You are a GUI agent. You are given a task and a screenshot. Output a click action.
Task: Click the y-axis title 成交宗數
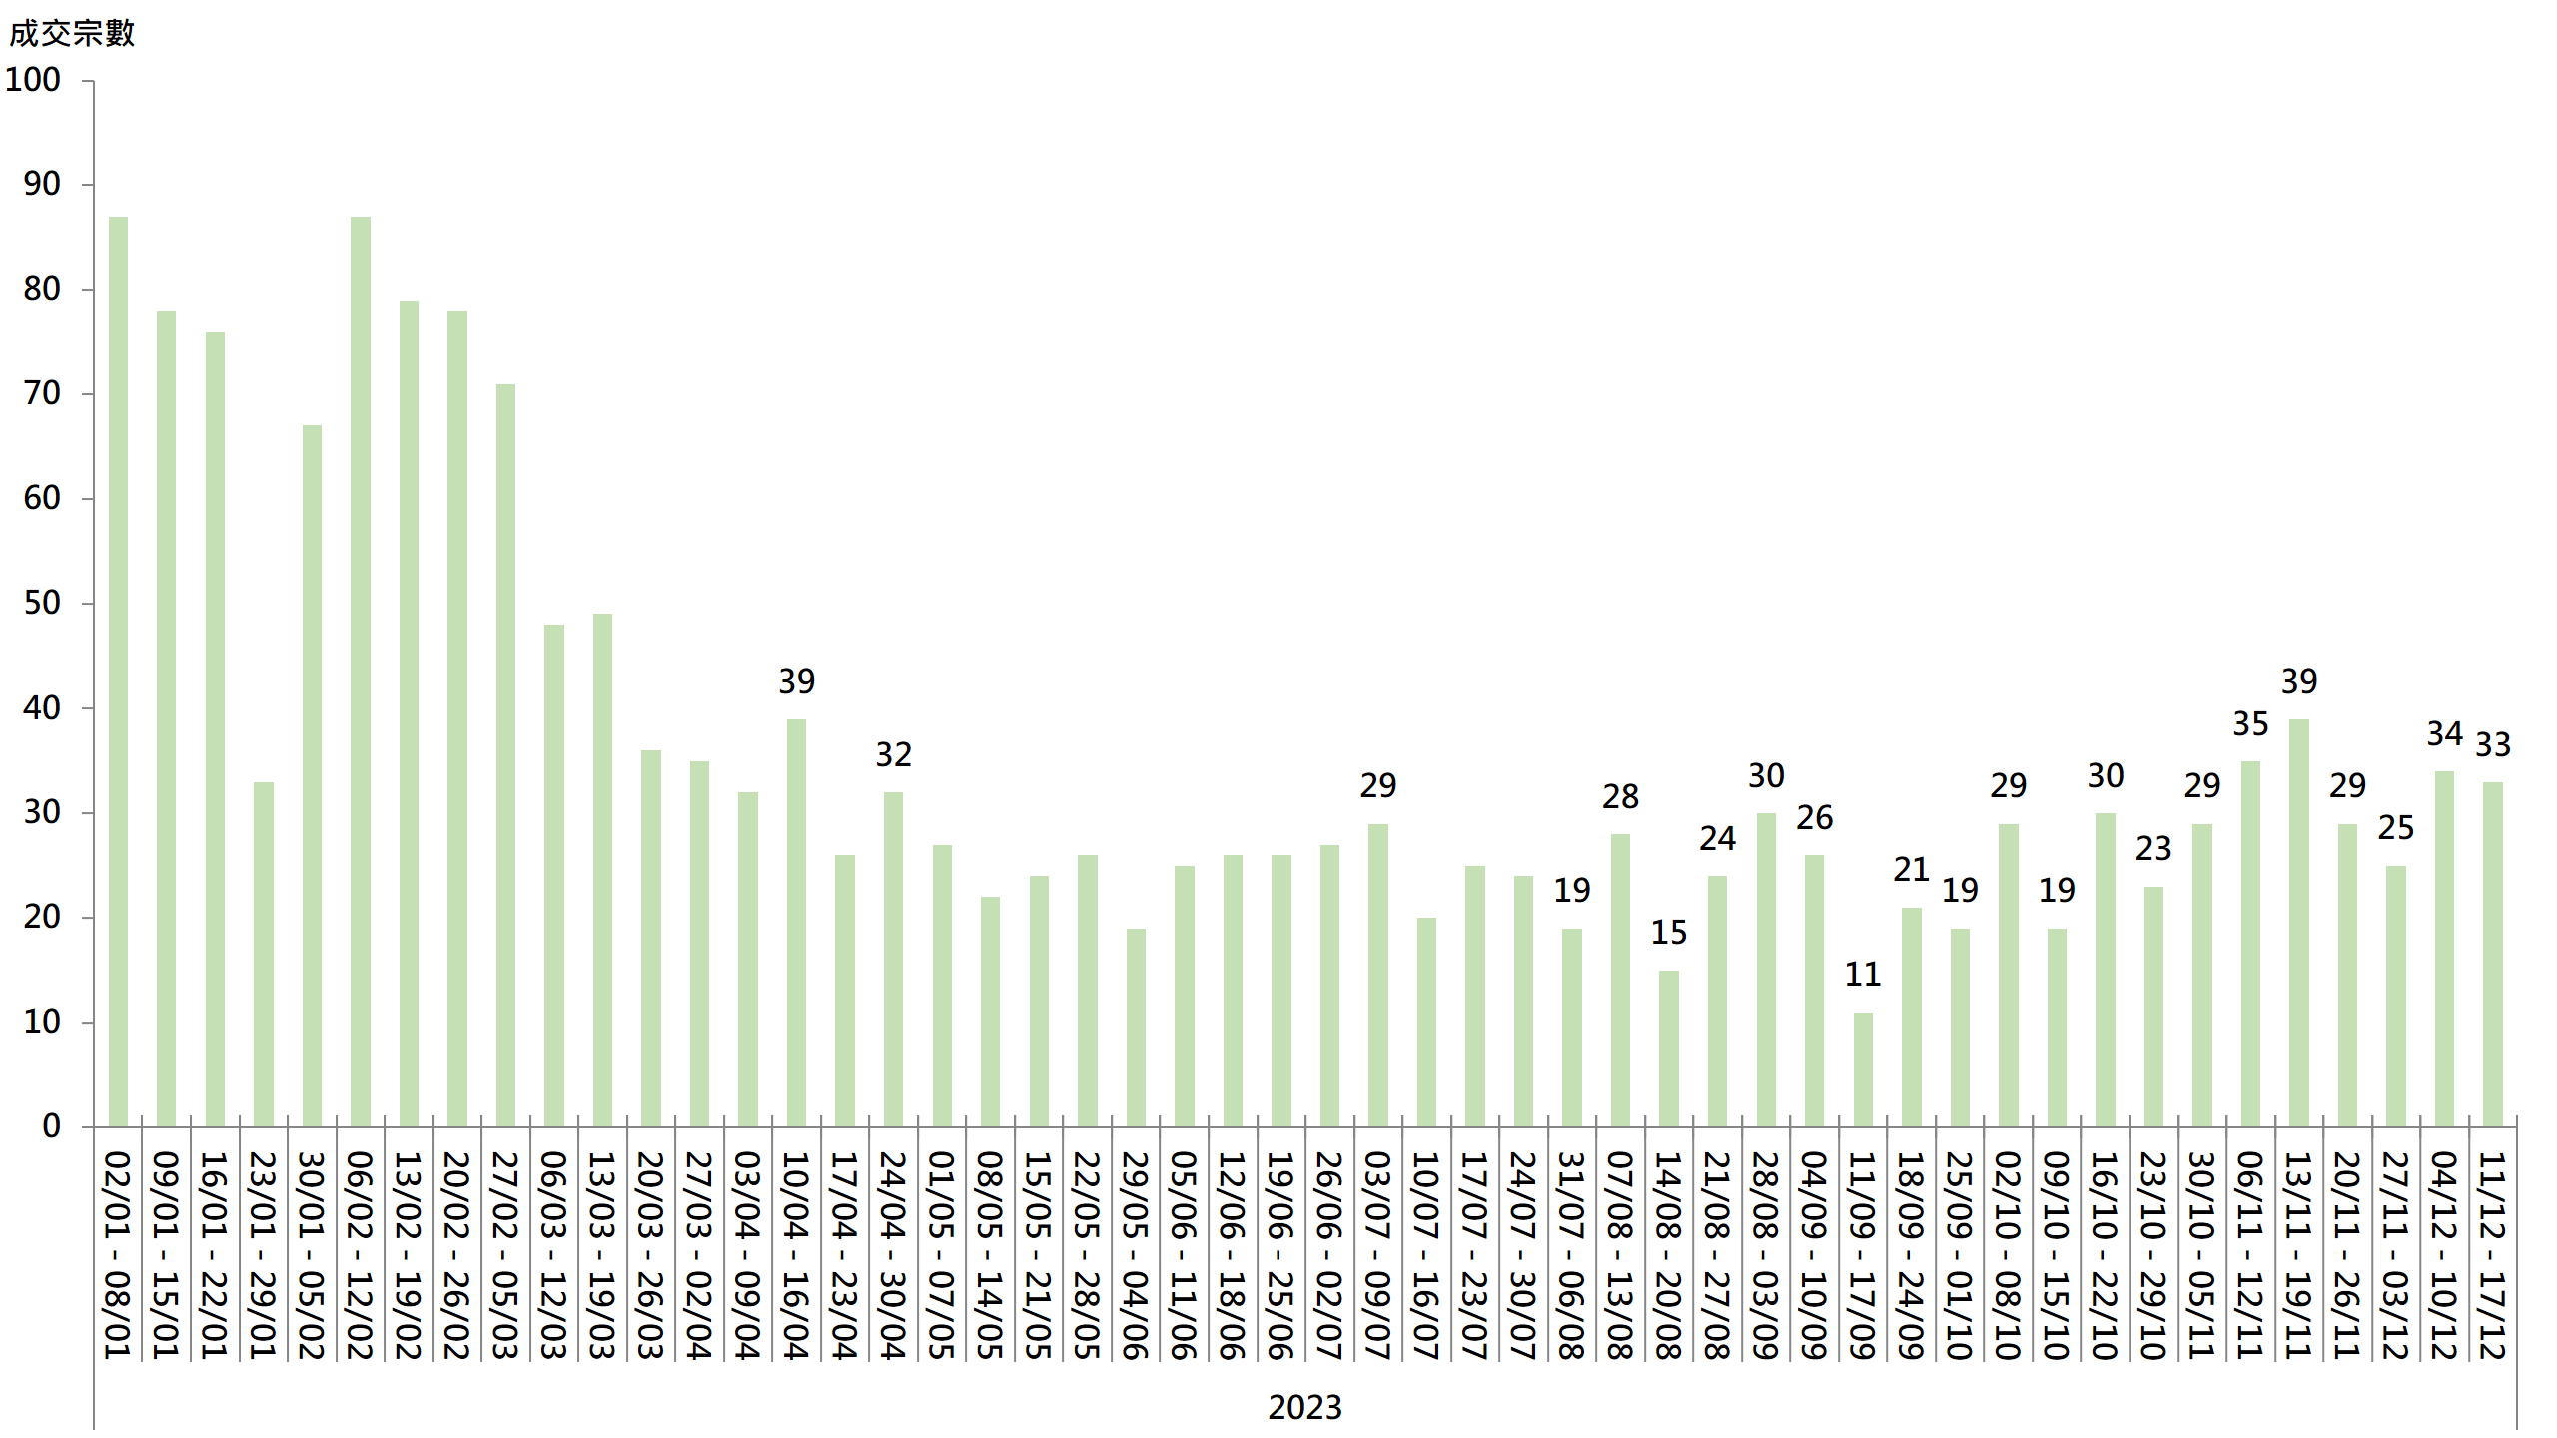click(71, 33)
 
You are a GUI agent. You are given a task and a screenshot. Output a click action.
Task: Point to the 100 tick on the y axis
click(33, 80)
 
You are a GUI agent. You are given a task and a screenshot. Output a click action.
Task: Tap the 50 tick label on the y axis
click(42, 603)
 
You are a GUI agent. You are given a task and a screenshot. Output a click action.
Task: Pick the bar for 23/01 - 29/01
click(264, 954)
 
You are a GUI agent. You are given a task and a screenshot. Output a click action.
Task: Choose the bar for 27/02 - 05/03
click(505, 755)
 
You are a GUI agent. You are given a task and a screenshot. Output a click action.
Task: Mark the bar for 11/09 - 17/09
click(1863, 1070)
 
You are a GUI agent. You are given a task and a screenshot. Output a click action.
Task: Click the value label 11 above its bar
click(1863, 974)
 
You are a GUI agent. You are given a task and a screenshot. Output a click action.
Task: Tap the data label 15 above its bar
click(1669, 932)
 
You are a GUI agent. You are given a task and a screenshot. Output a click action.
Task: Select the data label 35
click(2250, 723)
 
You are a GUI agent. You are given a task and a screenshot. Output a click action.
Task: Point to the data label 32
click(894, 754)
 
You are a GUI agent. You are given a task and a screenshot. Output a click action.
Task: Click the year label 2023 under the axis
click(1304, 1407)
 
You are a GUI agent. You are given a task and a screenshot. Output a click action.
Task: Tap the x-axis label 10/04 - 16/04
click(795, 1255)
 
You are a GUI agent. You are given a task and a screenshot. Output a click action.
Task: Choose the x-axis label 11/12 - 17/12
click(2492, 1255)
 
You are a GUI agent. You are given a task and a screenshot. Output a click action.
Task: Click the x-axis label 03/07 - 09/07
click(1377, 1255)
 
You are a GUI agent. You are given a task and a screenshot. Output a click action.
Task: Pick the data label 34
click(2444, 733)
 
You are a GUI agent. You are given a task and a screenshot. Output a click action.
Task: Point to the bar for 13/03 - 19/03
click(602, 870)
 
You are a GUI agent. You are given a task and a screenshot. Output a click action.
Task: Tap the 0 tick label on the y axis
click(52, 1126)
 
